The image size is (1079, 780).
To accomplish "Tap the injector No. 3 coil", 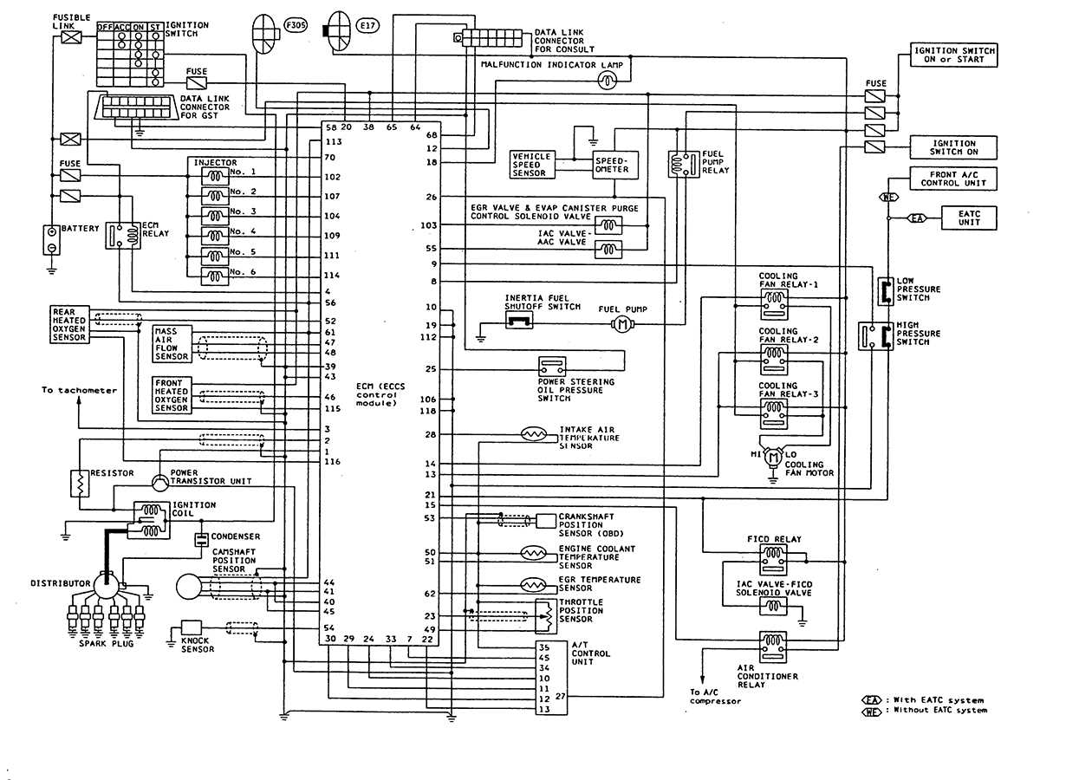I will tap(215, 216).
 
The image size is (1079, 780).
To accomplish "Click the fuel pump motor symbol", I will tap(621, 323).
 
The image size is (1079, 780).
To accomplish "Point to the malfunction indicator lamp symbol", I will tap(608, 80).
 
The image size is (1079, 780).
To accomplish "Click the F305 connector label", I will tap(296, 27).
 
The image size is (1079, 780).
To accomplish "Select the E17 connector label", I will tap(368, 27).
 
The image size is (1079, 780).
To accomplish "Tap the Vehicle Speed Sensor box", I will tap(531, 165).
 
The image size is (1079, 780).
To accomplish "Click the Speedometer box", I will tap(614, 165).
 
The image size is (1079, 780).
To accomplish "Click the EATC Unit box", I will tap(968, 218).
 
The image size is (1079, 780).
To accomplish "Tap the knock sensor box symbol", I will tap(191, 627).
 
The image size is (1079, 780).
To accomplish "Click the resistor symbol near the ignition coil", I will tap(79, 484).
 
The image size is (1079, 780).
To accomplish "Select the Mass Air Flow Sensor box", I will tap(171, 344).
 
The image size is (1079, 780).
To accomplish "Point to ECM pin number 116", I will tap(332, 462).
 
